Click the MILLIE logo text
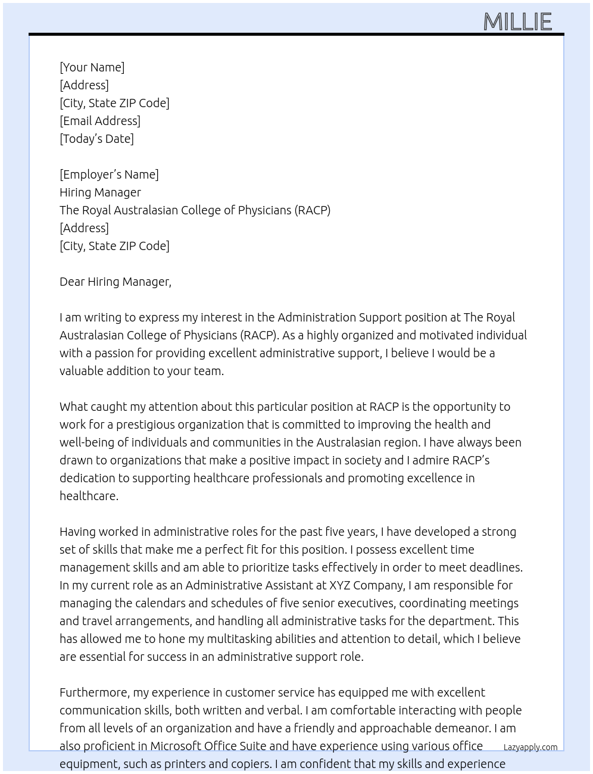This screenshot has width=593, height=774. click(517, 22)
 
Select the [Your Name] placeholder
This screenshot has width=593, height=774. click(92, 67)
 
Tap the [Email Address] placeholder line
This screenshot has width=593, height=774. click(100, 121)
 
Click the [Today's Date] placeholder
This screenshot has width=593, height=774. click(96, 139)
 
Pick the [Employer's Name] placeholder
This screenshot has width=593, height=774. click(109, 174)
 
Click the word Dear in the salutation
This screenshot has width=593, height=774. click(72, 282)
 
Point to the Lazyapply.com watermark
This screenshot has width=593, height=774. click(530, 747)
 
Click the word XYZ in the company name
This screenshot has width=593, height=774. click(340, 585)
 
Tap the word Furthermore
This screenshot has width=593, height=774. click(94, 692)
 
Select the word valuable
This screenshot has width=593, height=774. click(81, 371)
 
